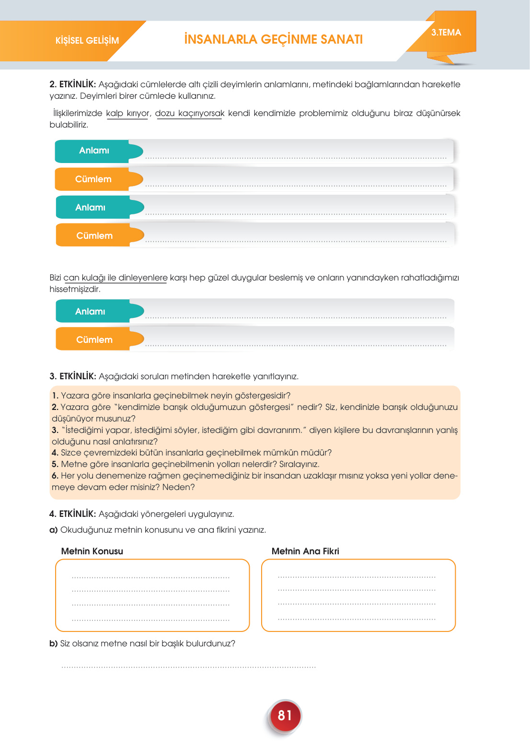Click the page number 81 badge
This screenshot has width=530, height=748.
tap(285, 715)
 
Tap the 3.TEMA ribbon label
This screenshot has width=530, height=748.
tap(446, 33)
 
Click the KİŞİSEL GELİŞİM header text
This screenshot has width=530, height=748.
tap(87, 41)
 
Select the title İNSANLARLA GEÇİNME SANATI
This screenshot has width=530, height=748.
tap(273, 39)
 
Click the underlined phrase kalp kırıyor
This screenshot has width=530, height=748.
tap(127, 114)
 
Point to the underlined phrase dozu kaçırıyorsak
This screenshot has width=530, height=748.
tap(189, 114)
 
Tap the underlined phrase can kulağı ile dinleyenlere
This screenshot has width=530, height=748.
tap(115, 278)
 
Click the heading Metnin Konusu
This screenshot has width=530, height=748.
tap(92, 551)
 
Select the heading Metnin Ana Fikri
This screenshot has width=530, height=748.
tap(305, 551)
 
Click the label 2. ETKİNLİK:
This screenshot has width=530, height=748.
tap(73, 85)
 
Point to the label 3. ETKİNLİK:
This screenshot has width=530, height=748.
tap(73, 376)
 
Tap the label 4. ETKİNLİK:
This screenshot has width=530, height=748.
tap(73, 514)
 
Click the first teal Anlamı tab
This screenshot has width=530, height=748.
tap(94, 151)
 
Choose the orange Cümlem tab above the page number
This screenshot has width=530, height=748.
tap(94, 340)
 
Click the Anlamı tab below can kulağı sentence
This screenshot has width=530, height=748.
tap(91, 312)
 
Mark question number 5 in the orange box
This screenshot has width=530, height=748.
tap(55, 464)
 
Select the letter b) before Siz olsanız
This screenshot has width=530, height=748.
tap(53, 643)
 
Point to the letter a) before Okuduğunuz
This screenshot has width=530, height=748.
tap(53, 530)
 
